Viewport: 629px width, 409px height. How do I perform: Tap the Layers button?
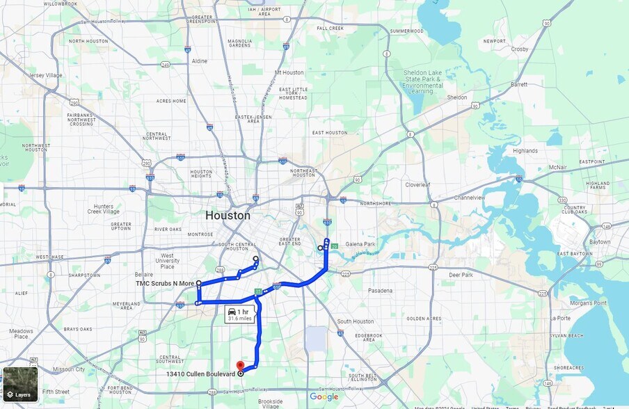(x=19, y=394)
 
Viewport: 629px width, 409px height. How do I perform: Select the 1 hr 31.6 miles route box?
(x=239, y=315)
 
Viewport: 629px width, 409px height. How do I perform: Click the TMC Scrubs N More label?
(x=165, y=284)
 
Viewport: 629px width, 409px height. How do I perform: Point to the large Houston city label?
(x=228, y=216)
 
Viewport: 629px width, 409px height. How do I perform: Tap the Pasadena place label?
(x=381, y=290)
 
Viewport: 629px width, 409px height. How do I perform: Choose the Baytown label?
(x=599, y=242)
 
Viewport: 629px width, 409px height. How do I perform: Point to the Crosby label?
(x=519, y=49)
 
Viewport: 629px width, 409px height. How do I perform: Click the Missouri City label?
(x=67, y=369)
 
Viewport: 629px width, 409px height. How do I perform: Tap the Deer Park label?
(x=461, y=275)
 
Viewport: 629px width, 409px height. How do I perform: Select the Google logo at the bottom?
(x=324, y=397)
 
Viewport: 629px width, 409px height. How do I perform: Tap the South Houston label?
(x=356, y=321)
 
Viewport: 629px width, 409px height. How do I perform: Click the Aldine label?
(x=200, y=61)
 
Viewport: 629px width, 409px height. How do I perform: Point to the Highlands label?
(x=525, y=151)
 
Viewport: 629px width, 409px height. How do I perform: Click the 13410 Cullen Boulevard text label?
(x=200, y=374)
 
